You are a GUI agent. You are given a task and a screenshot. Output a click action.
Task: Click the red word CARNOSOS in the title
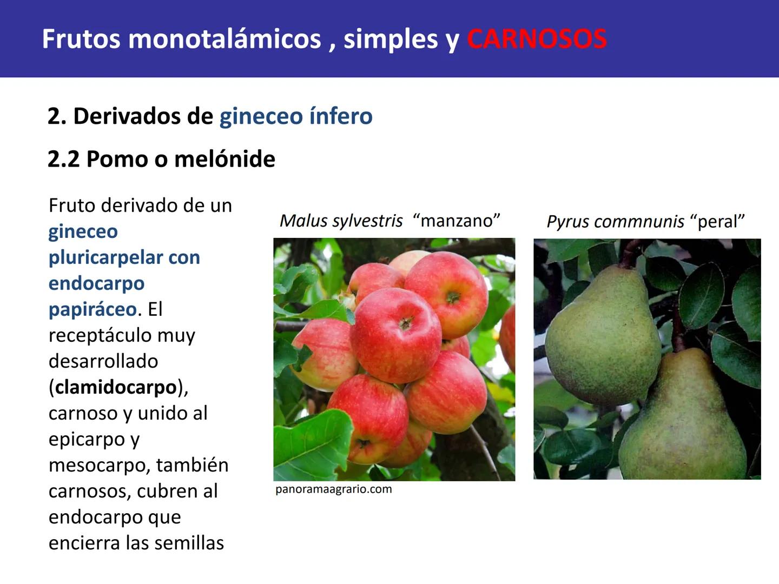537,39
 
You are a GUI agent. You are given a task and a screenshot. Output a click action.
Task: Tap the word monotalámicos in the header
225,39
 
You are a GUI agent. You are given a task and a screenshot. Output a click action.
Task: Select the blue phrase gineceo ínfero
295,116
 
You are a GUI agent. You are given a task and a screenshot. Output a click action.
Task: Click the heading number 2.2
63,159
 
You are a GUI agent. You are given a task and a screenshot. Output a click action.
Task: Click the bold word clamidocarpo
116,387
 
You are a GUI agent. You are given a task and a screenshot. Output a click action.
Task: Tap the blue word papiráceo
93,309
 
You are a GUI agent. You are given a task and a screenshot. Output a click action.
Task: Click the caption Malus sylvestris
341,221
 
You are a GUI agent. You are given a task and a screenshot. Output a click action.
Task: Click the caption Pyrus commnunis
615,222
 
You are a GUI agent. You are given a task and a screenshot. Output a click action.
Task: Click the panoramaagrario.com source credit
333,489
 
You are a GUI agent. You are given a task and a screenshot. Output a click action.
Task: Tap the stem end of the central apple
405,323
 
